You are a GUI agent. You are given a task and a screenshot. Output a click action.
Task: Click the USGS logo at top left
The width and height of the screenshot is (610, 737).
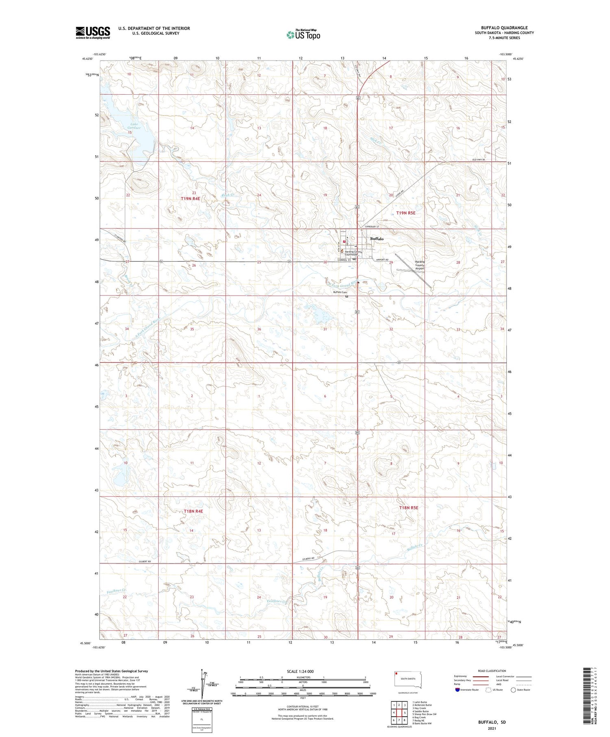click(x=93, y=33)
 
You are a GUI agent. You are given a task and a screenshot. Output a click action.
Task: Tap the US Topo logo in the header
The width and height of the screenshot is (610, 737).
click(x=303, y=35)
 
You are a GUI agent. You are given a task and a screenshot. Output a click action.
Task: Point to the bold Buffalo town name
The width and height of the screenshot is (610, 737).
click(x=377, y=239)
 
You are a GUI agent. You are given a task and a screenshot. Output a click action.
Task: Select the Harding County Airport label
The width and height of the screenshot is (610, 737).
click(x=419, y=265)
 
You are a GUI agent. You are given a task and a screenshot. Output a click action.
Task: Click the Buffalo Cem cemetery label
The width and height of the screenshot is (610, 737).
click(x=340, y=292)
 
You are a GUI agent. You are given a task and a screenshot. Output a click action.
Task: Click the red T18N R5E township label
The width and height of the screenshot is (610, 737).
click(x=408, y=507)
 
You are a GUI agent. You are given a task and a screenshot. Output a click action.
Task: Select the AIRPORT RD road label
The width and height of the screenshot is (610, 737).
click(x=382, y=259)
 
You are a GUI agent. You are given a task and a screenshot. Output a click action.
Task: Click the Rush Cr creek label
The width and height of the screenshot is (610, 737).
click(x=227, y=195)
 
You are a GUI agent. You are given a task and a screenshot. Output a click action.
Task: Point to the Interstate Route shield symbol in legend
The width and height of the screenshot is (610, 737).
click(x=457, y=689)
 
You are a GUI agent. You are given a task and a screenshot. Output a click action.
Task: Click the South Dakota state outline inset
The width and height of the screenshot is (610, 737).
click(x=408, y=680)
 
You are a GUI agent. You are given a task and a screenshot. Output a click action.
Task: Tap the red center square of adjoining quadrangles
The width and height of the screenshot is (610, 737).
click(x=399, y=712)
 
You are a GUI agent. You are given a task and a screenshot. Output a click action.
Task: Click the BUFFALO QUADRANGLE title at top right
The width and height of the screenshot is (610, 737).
click(x=504, y=28)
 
